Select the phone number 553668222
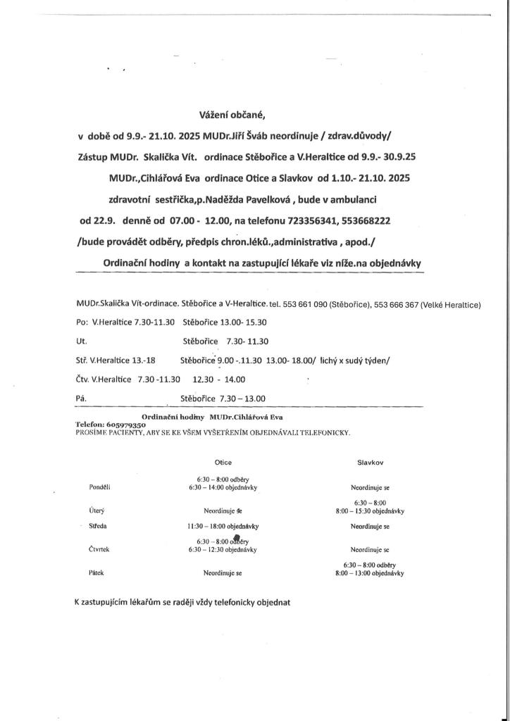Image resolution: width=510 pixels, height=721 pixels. coord(366,220)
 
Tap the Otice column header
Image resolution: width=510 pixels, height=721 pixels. coord(223,463)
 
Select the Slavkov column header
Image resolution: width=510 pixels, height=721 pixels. coord(370,463)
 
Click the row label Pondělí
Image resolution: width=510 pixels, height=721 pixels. coord(100,487)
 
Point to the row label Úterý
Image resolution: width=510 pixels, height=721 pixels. coord(97,510)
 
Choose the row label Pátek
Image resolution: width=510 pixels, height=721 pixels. coord(97,573)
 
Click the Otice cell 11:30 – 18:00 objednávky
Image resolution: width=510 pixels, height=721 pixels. coord(223,526)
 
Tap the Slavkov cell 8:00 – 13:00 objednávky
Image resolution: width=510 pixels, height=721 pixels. coord(369,574)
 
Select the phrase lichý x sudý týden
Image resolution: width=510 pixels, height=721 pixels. coord(354,360)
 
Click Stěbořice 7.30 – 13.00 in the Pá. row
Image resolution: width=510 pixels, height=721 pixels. coord(223,398)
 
